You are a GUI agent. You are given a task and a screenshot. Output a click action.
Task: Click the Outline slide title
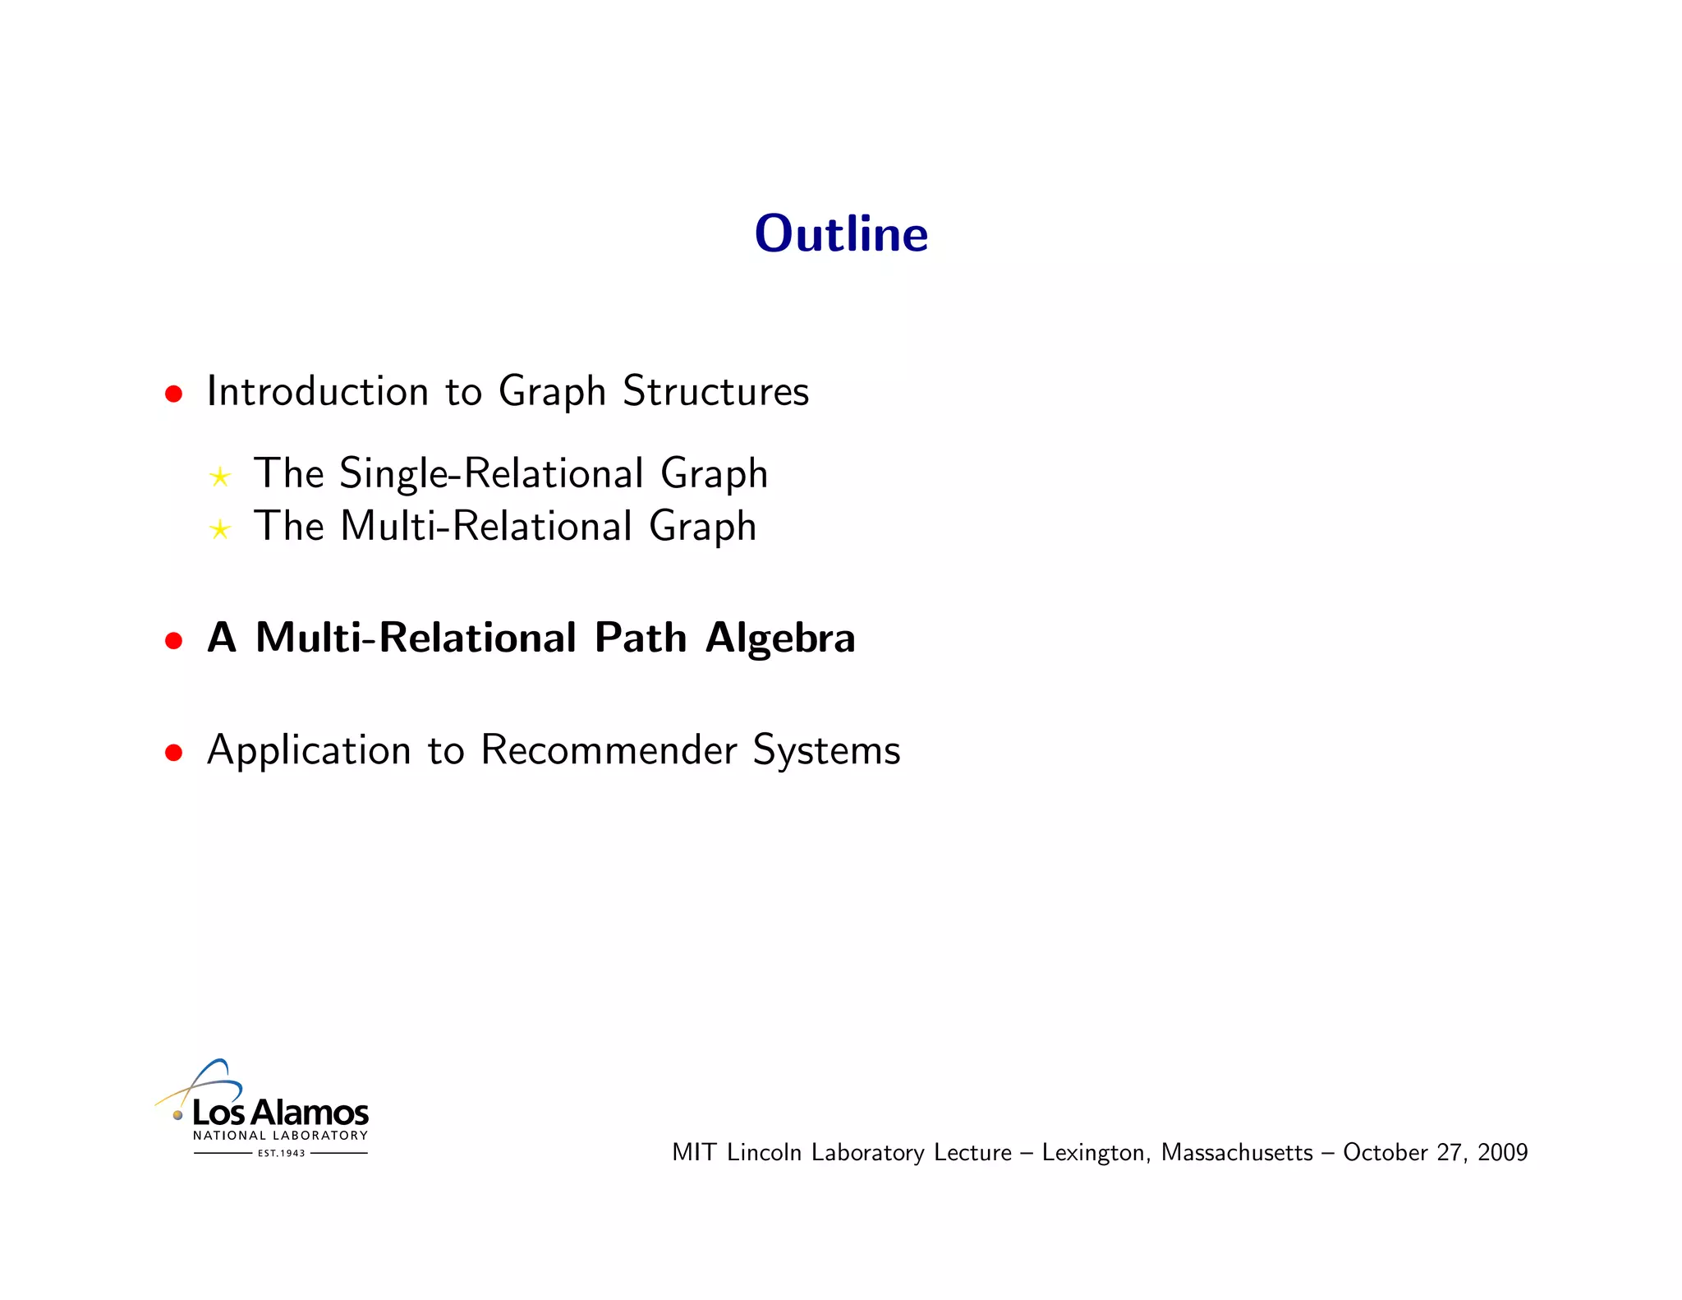(x=841, y=234)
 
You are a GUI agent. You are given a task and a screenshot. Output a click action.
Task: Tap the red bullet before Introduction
(x=173, y=394)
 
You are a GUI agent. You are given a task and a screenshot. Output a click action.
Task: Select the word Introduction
(x=318, y=391)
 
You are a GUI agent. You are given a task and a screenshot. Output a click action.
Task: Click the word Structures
(x=715, y=391)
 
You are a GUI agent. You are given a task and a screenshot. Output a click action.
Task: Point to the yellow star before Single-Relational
(x=220, y=477)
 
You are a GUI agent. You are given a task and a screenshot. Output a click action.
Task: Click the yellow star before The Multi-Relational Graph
(x=220, y=528)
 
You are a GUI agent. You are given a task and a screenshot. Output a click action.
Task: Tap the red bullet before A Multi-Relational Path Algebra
(x=173, y=640)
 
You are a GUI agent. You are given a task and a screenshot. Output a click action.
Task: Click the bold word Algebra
(x=780, y=638)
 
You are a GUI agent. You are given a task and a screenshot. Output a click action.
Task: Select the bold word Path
(x=641, y=638)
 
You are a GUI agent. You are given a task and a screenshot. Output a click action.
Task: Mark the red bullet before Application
(x=173, y=752)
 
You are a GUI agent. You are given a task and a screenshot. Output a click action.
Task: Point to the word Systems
(x=826, y=750)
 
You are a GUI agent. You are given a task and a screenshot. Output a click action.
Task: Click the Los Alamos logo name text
(x=280, y=1113)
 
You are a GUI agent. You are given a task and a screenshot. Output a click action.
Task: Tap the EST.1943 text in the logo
(x=281, y=1154)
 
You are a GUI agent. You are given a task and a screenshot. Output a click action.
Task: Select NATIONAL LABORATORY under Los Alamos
(x=280, y=1136)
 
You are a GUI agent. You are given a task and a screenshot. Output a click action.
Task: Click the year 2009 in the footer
(x=1502, y=1152)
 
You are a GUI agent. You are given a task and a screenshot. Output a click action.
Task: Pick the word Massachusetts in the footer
(x=1237, y=1152)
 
